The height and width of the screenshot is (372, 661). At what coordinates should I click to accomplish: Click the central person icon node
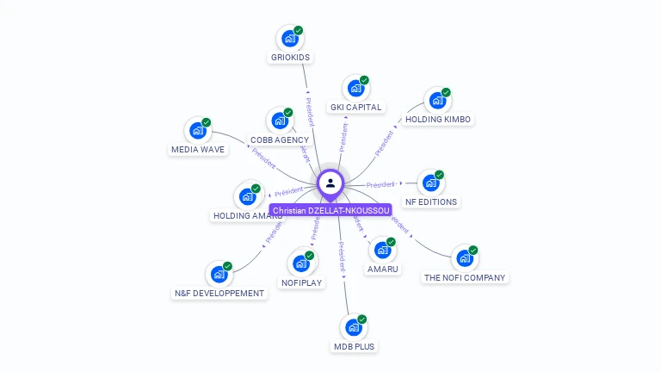(330, 183)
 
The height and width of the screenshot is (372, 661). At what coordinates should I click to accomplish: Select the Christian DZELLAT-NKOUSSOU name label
(330, 210)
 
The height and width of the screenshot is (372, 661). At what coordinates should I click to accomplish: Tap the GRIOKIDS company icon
(290, 39)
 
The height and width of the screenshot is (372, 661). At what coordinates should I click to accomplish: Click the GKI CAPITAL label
(356, 108)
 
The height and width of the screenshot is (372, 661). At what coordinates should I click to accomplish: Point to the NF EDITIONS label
(431, 202)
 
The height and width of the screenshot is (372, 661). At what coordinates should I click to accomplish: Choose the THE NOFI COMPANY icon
(465, 258)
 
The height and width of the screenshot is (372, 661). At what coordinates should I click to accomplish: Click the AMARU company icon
(382, 251)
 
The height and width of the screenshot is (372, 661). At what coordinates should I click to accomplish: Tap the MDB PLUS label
(355, 347)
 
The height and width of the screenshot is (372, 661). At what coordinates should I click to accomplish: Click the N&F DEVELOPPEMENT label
(219, 294)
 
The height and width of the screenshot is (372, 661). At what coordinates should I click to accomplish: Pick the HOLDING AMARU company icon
(248, 196)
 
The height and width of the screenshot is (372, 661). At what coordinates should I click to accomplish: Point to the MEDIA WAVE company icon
(198, 131)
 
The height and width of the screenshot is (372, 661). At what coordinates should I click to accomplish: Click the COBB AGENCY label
(280, 140)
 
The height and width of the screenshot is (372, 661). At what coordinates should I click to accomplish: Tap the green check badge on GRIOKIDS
(299, 30)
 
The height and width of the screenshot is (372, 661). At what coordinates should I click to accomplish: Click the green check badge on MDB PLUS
(362, 319)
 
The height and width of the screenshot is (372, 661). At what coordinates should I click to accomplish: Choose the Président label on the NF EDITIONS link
(380, 184)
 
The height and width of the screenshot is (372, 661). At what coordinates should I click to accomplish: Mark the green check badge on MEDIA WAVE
(207, 122)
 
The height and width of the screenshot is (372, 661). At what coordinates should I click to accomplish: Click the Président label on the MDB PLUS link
(342, 257)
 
